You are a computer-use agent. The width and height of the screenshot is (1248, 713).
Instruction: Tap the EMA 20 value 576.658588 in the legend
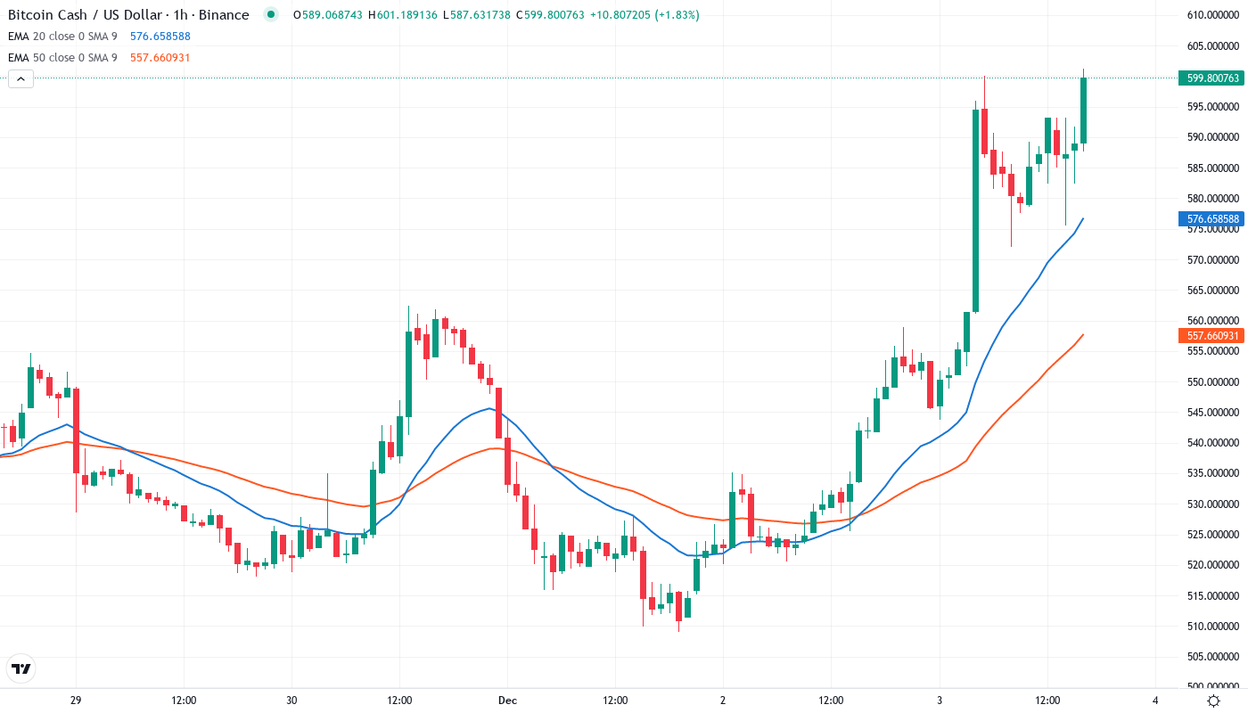tap(160, 37)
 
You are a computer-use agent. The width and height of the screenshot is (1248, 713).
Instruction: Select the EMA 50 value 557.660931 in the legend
tap(160, 58)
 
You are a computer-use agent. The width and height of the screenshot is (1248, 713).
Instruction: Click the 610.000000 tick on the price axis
tap(1212, 15)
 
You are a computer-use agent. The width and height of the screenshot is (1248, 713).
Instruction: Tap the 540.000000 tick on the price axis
tap(1212, 443)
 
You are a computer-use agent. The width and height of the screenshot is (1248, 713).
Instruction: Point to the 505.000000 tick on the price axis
tap(1212, 657)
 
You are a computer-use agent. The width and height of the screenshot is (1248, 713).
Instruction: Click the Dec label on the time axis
tap(507, 701)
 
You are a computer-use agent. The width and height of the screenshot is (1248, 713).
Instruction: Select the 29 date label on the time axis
tap(76, 701)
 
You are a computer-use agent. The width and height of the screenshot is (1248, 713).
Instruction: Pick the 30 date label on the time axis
tap(291, 701)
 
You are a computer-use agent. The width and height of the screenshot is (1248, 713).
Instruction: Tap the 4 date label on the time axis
tap(1154, 701)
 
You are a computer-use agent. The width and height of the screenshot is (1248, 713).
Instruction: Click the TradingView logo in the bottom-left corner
tap(21, 668)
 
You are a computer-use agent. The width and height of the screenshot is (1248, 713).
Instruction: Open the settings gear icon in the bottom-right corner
tap(1214, 701)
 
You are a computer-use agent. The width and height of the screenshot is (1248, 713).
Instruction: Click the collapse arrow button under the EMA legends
tap(21, 79)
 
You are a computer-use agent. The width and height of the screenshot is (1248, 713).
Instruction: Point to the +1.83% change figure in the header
tap(677, 15)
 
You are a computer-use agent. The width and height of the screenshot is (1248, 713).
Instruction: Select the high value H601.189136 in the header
tap(403, 15)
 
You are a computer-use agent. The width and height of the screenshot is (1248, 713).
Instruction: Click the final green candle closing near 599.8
tap(1083, 111)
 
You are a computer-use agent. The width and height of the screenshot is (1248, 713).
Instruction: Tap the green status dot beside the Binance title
tap(271, 15)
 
